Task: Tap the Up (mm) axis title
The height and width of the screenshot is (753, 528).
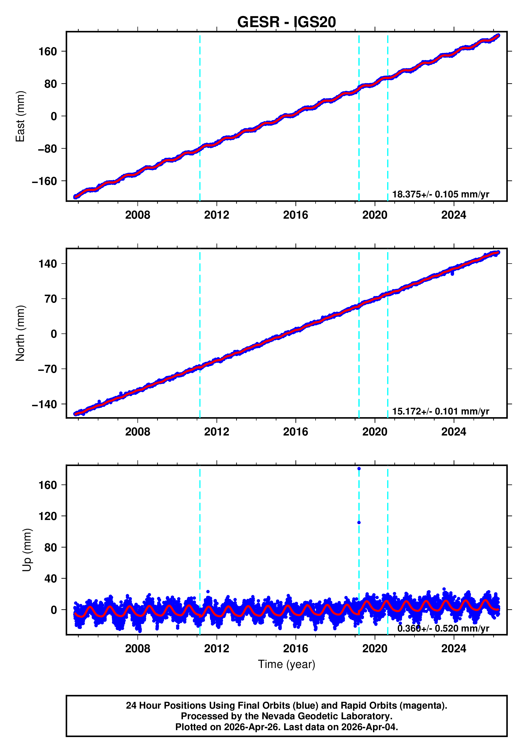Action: coord(27,550)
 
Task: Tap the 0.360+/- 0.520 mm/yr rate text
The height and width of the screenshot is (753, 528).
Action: coord(443,628)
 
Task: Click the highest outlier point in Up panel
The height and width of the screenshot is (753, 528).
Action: coord(359,469)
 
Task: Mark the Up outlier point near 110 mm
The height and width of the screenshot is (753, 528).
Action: coord(359,522)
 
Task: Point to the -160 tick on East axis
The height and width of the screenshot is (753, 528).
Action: coord(44,181)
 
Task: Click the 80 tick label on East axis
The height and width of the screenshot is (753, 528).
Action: coord(51,84)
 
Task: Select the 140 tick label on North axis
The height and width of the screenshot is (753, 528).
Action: coord(48,264)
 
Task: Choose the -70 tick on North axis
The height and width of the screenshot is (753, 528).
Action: coord(47,369)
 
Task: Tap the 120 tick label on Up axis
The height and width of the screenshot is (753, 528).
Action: coord(48,516)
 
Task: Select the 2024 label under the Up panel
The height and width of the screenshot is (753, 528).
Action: coord(454,648)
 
